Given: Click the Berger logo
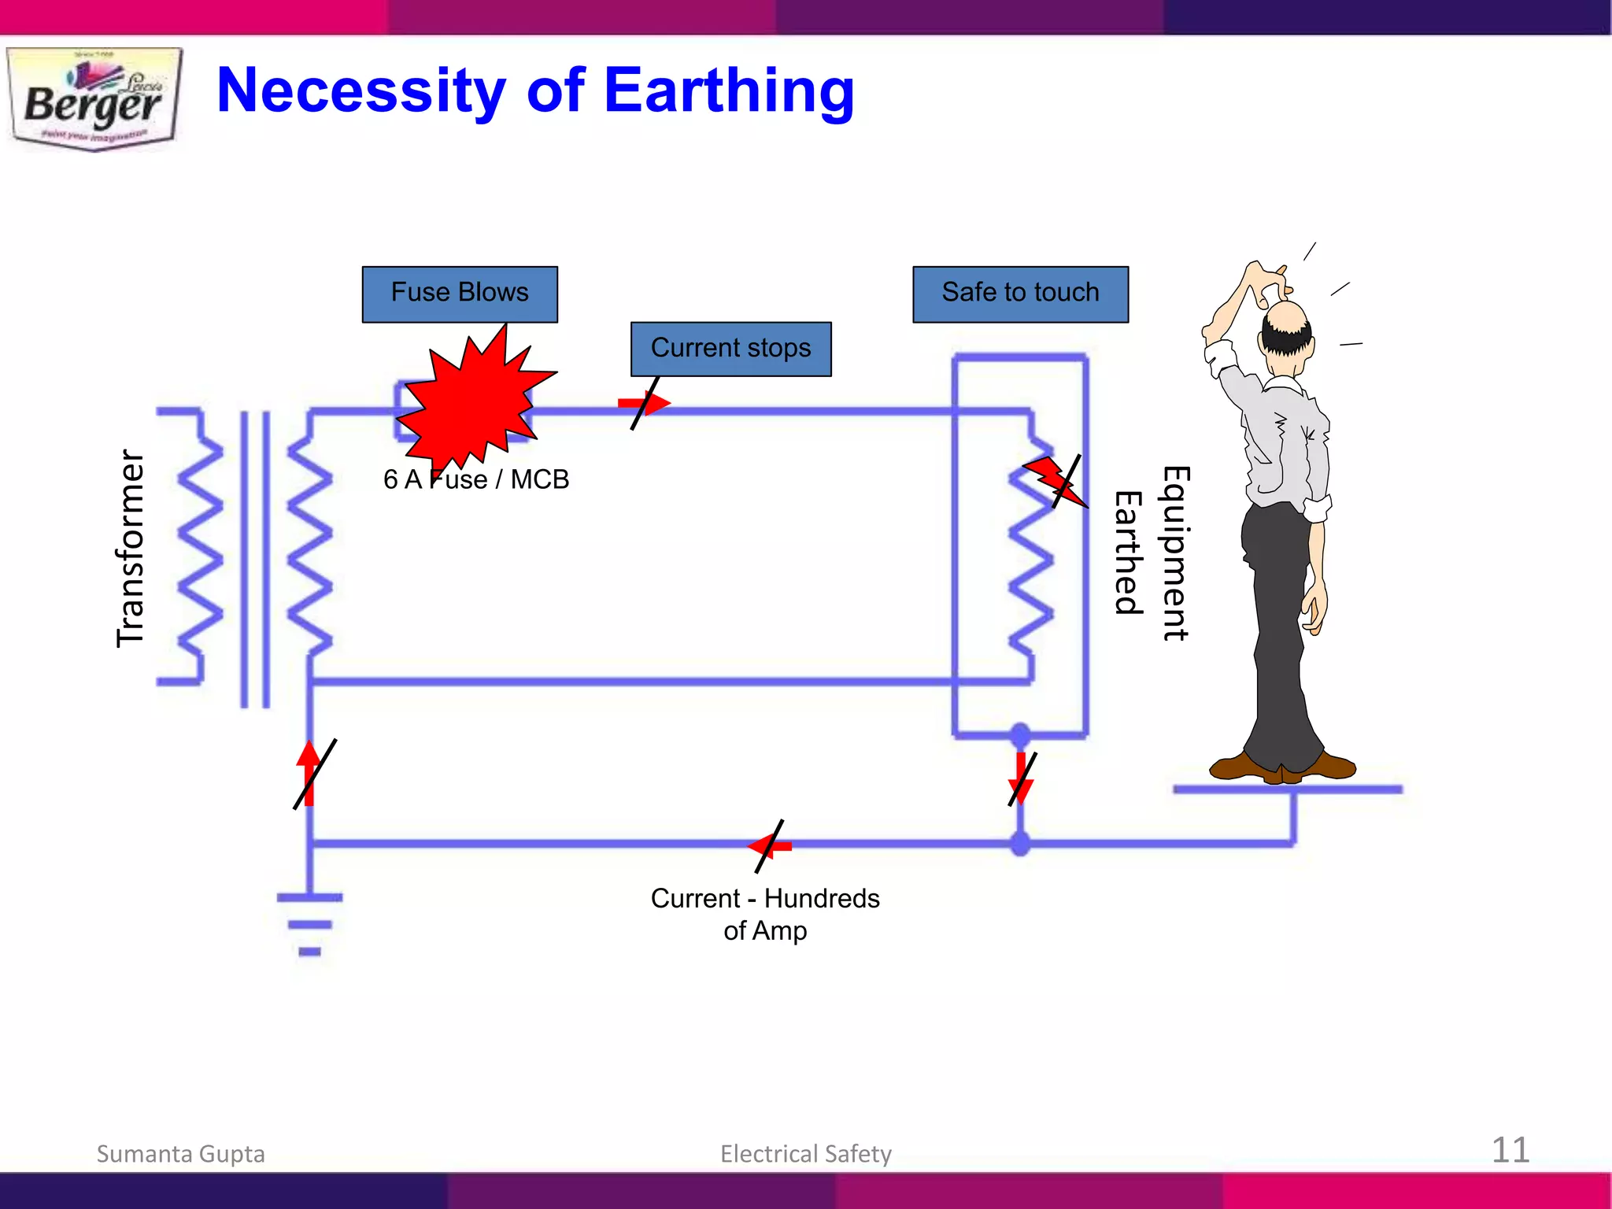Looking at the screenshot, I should point(94,99).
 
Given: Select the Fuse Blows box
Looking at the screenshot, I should point(460,294).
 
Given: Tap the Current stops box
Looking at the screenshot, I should point(730,349).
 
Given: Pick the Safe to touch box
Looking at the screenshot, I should point(1020,294).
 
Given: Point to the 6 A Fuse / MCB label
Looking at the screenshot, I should point(475,479).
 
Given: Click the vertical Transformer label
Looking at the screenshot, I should point(131,549).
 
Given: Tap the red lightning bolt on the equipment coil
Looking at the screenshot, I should point(1055,481).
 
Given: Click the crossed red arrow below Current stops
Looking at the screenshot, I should point(645,404).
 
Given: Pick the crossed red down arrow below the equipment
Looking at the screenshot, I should point(1021,778).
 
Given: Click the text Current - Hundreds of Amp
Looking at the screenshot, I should point(765,914).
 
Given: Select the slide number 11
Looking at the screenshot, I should point(1510,1150).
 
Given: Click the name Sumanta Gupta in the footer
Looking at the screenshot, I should point(180,1154).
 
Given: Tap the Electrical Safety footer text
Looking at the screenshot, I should point(805,1154).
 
